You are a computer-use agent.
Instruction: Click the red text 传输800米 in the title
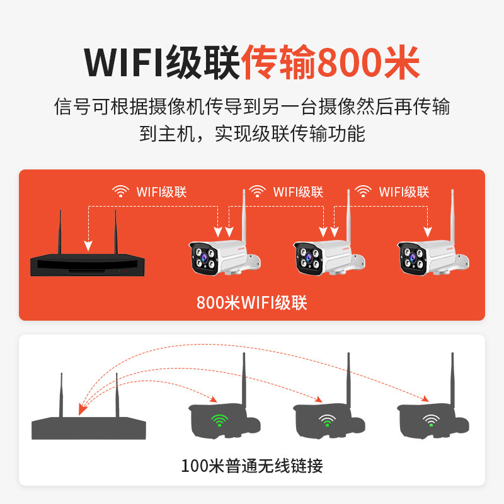point(331,62)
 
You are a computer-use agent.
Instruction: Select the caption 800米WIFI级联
point(251,303)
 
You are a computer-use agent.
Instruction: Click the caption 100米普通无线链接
point(252,466)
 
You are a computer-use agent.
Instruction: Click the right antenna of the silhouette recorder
point(117,394)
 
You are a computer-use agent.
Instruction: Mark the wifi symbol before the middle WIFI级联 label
point(256,191)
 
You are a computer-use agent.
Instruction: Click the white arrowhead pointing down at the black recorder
point(88,245)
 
